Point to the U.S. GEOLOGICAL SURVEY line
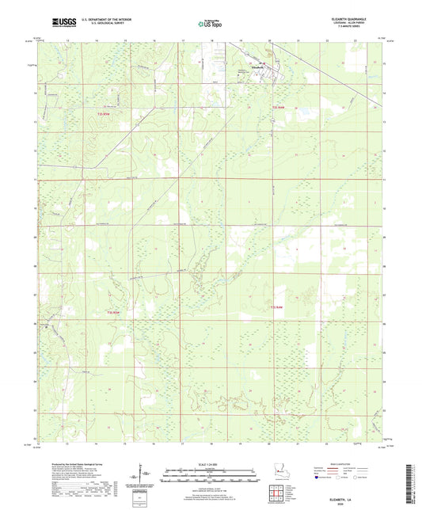coord(103,25)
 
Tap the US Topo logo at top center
coord(210,23)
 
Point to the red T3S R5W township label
coord(112,312)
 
